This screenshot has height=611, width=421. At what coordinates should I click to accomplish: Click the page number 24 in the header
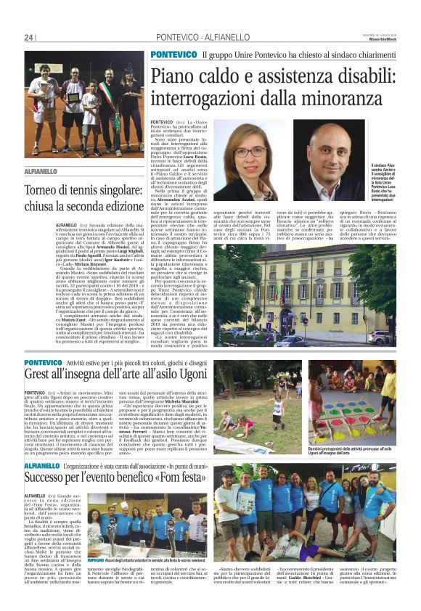[x=30, y=37]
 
